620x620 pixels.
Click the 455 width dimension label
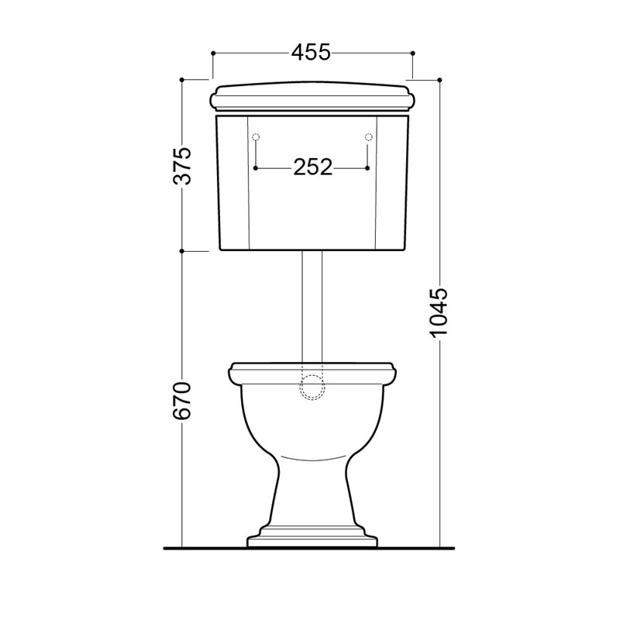tap(311, 52)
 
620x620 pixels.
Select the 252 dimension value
tap(312, 167)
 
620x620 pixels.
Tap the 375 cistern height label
tap(183, 166)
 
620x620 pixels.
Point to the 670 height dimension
tap(183, 401)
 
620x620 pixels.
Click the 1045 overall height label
tap(439, 313)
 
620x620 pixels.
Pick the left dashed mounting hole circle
tap(256, 137)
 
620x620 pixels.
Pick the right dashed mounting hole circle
tap(369, 137)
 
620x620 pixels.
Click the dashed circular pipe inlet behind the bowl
tap(312, 387)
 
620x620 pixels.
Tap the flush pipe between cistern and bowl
tap(312, 307)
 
